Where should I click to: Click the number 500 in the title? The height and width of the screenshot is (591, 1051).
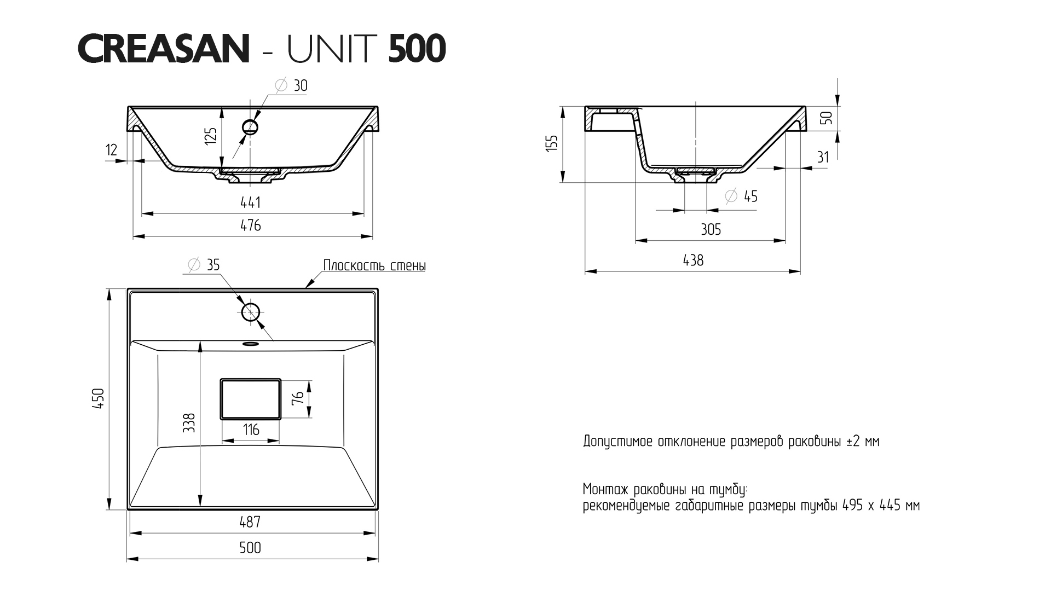click(x=417, y=49)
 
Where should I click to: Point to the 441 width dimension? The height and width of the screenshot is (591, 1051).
click(x=251, y=202)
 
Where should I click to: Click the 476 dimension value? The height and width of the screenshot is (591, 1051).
click(x=251, y=225)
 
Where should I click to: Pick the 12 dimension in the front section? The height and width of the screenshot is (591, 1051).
click(x=111, y=150)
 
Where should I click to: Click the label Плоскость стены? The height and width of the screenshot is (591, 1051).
click(x=374, y=266)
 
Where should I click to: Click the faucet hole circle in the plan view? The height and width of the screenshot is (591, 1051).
click(x=251, y=312)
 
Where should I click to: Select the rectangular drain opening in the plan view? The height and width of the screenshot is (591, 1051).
click(x=250, y=398)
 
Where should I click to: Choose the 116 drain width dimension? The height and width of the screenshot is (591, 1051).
click(x=251, y=430)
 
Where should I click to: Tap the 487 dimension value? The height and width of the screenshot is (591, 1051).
click(x=250, y=522)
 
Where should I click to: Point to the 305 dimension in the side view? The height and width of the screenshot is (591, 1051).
click(x=711, y=229)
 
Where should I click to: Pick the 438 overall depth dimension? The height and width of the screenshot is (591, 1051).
click(x=693, y=260)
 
